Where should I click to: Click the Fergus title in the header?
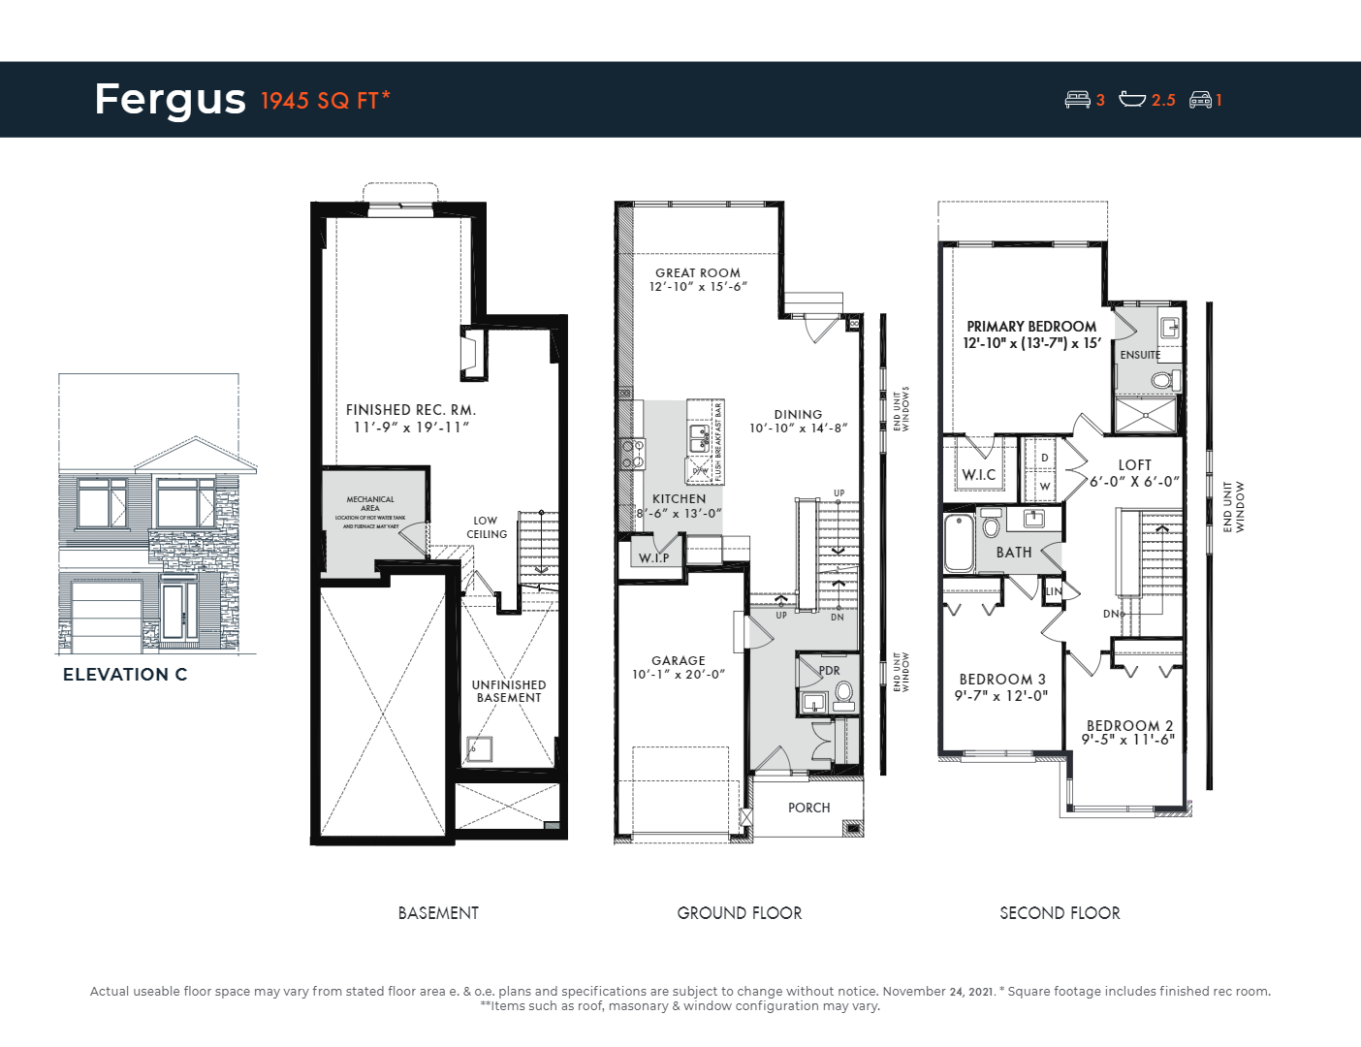coord(171,100)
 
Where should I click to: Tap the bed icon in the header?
coord(1077,99)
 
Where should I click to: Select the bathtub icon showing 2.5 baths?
coord(1132,99)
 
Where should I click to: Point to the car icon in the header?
coord(1200,99)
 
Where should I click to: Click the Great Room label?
coord(697,273)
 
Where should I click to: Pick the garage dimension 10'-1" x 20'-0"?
coord(679,675)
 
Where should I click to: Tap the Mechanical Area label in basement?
coord(370,503)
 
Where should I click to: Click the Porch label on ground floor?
coord(808,808)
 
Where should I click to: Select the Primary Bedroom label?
coord(1031,327)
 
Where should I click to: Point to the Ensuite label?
coord(1140,355)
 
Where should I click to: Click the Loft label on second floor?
coord(1134,465)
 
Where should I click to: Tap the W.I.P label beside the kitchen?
coord(653,557)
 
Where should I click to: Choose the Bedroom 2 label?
coord(1129,725)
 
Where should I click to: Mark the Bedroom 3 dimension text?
coord(1001,695)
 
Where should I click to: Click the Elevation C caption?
coord(125,675)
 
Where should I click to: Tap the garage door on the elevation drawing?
coord(107,615)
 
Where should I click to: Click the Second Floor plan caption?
coord(1060,913)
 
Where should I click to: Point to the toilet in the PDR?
coord(843,692)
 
